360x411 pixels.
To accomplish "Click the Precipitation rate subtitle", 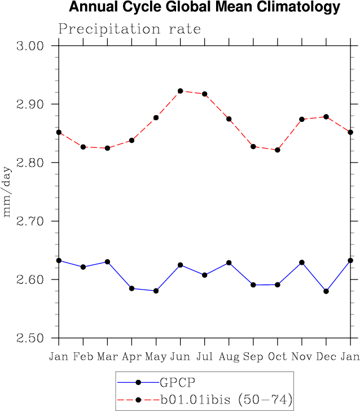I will tap(129, 29).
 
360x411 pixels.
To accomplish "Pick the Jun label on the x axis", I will tap(180, 356).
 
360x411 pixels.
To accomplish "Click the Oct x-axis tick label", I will tap(277, 356).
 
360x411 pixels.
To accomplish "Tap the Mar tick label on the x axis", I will tap(107, 356).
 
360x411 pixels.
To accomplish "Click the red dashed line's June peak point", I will tap(181, 91).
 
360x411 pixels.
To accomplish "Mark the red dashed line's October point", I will tap(278, 150).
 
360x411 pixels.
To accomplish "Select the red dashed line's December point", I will tap(326, 117).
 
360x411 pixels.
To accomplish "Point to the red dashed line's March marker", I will tap(107, 148).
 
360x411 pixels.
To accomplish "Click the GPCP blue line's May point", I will tap(156, 291).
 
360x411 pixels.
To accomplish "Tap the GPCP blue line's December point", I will tap(326, 291).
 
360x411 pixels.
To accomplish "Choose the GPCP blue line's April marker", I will tap(131, 288).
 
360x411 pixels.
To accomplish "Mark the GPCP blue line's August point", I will tap(229, 263).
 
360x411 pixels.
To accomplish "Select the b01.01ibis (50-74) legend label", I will tap(225, 400).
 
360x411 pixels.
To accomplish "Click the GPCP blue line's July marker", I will tap(204, 275).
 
